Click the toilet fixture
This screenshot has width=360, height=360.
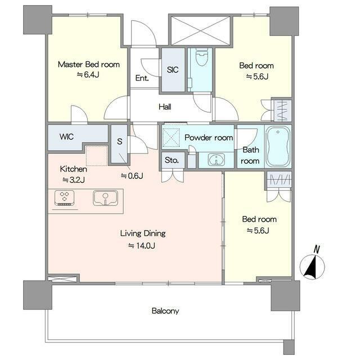click(202, 57)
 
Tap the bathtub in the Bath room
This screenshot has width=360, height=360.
click(278, 146)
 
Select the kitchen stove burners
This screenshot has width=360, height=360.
click(65, 197)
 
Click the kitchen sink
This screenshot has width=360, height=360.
click(105, 198)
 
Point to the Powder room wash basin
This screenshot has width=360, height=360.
click(216, 159)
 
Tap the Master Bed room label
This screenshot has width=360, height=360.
click(89, 64)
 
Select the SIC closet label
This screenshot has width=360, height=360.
click(173, 70)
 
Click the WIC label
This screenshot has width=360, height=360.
click(66, 137)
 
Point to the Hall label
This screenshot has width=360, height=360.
click(165, 107)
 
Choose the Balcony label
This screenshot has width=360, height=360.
click(165, 311)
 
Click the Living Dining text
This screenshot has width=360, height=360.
click(143, 233)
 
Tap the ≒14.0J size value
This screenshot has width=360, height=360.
click(142, 246)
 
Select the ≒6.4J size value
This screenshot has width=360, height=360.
click(88, 75)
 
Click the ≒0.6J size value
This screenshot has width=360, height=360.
click(132, 176)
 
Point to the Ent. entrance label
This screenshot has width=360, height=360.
click(142, 78)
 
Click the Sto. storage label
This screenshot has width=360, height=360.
click(172, 160)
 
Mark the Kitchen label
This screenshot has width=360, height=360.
click(74, 169)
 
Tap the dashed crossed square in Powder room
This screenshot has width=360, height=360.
click(171, 138)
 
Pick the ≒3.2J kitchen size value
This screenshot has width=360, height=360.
click(74, 180)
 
